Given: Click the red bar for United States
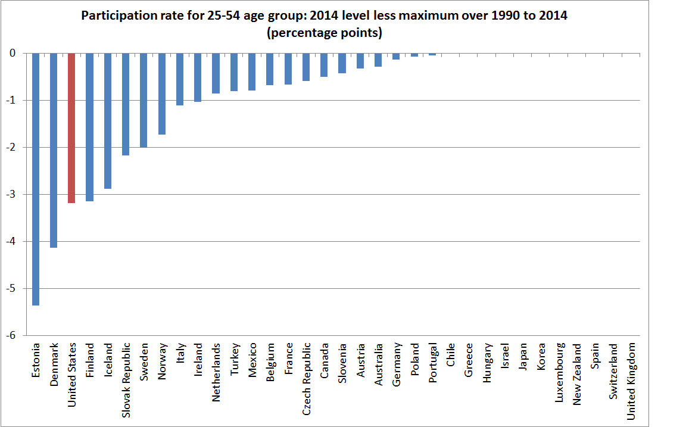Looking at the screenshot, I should pos(71,128).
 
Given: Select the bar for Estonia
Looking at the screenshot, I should pos(36,179).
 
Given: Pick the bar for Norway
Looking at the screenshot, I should pos(161,93).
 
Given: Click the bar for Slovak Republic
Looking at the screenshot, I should pos(126,104).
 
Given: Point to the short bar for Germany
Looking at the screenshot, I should pos(396,57).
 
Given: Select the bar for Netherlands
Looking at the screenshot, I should pos(216,73).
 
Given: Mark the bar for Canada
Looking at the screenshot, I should pos(324,65).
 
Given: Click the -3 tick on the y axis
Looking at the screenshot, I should pos(16,194).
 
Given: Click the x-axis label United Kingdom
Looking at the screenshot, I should pos(632,381).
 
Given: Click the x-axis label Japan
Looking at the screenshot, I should pos(523,357).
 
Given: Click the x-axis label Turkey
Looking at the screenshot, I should pos(234,358).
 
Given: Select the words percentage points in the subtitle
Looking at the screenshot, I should pos(325,33).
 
